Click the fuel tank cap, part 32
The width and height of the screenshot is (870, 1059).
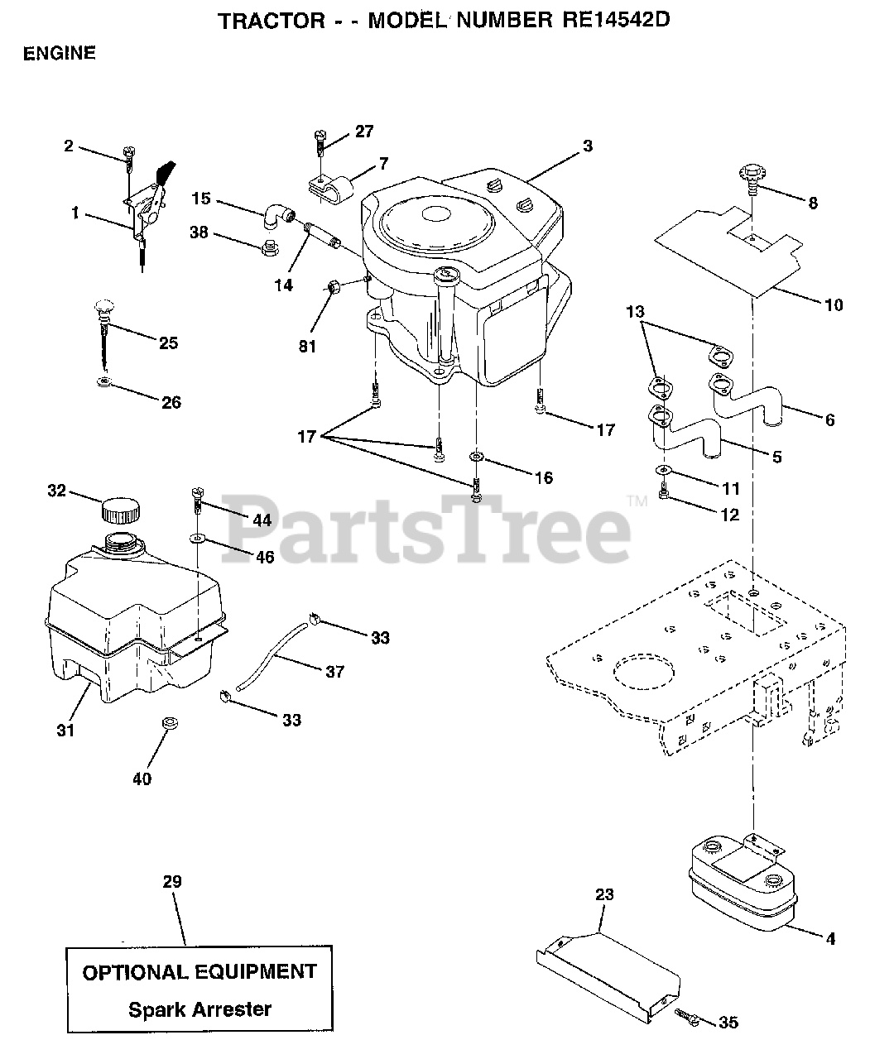121,510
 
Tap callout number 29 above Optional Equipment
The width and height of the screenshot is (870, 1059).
171,881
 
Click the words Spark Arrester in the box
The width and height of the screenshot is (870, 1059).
199,1009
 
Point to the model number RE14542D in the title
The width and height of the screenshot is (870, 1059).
610,21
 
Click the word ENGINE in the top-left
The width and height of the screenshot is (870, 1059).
60,54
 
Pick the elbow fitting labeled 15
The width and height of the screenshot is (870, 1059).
276,216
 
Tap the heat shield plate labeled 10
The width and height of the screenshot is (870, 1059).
728,248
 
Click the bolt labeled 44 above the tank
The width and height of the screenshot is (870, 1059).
198,499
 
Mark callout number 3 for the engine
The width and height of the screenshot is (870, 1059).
587,146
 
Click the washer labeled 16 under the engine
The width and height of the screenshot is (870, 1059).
476,457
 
